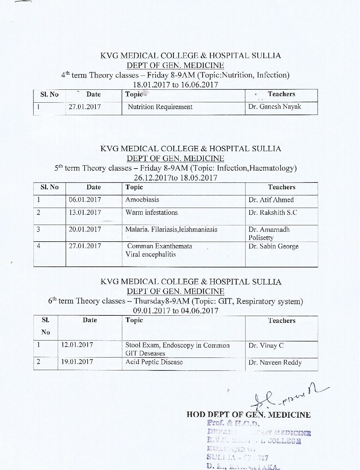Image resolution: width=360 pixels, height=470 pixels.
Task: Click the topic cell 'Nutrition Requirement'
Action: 160,107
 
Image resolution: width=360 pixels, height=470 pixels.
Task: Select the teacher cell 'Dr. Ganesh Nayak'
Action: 274,107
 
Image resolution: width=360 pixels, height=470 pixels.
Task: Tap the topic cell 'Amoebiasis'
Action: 142,200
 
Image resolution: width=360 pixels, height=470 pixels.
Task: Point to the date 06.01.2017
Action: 85,200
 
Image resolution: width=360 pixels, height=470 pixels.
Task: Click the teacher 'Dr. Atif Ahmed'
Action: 271,200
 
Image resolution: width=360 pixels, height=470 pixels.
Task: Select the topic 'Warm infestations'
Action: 151,213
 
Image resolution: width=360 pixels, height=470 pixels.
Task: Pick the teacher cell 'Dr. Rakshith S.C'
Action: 273,213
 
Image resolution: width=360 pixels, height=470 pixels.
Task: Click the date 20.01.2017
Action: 85,229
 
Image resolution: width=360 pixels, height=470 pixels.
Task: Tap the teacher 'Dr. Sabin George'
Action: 273,246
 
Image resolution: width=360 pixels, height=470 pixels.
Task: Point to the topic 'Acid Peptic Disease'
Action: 154,362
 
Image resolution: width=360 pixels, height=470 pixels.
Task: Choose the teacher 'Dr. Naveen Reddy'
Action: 275,363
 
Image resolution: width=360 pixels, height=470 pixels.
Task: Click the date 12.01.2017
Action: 77,345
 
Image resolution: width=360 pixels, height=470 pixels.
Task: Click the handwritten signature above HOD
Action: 289,396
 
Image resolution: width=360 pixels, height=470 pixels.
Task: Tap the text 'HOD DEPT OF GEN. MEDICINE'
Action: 249,415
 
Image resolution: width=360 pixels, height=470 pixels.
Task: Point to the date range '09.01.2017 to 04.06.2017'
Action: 176,311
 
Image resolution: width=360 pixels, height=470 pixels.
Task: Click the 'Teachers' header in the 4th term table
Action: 281,94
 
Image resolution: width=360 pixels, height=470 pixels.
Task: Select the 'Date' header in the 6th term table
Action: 90,320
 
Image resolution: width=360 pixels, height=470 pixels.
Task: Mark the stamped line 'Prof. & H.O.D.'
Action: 233,423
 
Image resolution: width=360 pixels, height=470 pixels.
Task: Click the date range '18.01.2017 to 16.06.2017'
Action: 176,85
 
